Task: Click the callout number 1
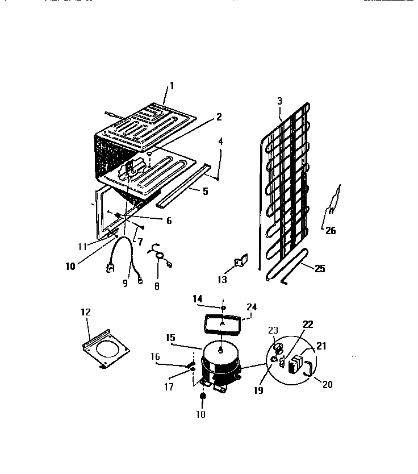172,86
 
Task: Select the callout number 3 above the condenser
279,101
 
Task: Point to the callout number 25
320,268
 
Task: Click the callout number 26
330,230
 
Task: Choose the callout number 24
252,307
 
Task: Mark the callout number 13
221,280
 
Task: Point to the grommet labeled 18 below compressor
203,397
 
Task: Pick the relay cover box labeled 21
296,365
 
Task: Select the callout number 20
327,384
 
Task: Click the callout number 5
205,192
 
